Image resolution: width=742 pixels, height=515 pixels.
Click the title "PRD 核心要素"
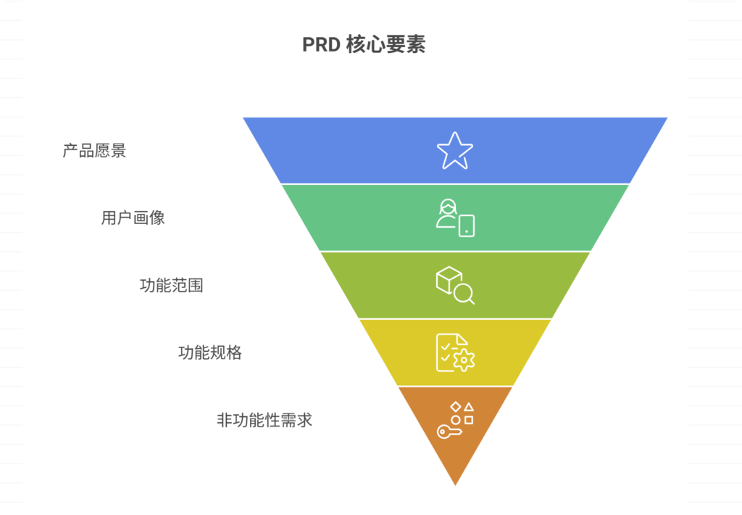[x=364, y=44]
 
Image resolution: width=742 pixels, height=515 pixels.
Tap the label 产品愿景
[x=94, y=151]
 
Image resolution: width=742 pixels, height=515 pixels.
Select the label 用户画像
[x=133, y=218]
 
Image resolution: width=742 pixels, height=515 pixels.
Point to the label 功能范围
[x=171, y=285]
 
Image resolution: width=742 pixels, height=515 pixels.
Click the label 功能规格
[x=210, y=353]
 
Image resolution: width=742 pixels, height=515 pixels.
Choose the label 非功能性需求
[x=264, y=420]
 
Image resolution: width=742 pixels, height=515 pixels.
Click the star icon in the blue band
[x=455, y=151]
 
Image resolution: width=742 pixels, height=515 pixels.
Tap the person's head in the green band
[x=448, y=207]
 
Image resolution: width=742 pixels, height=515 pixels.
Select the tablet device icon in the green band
[x=467, y=226]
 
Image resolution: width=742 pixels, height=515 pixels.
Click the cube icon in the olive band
[x=449, y=280]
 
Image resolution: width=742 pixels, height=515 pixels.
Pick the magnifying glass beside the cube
[x=464, y=294]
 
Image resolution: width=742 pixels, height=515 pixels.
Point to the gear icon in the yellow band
[x=464, y=360]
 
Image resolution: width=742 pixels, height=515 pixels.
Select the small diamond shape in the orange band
[x=456, y=406]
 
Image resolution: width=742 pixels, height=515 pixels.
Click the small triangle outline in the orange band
[x=469, y=407]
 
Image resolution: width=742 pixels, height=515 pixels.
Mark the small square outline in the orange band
[x=469, y=420]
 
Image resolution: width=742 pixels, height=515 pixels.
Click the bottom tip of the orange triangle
[x=455, y=485]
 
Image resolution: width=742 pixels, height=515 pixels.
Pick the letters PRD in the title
[x=321, y=44]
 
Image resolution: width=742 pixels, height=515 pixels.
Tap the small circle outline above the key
[x=455, y=420]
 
